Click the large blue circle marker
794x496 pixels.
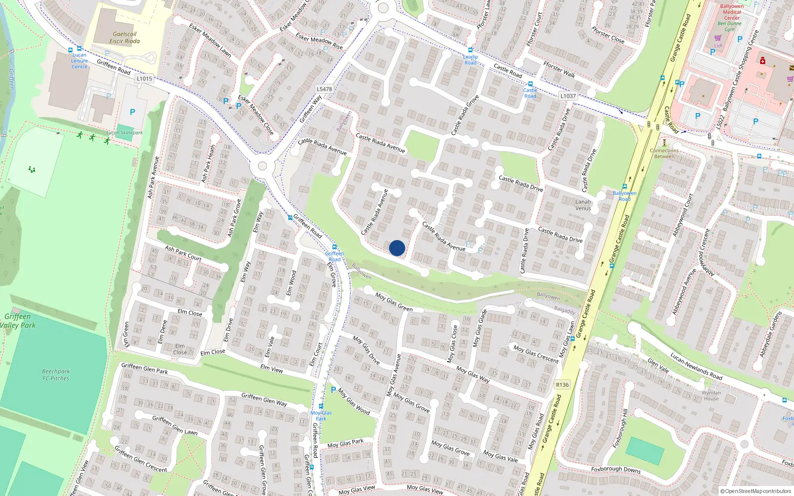coord(397,248)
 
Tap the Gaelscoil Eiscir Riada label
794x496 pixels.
coord(125,38)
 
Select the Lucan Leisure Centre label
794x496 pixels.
coord(79,61)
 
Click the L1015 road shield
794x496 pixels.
coord(144,78)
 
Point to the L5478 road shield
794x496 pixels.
coord(324,89)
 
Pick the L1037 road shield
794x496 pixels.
coord(568,96)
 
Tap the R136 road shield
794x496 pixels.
coord(562,385)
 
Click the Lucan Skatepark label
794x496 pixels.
coord(125,133)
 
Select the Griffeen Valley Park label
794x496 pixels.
coord(18,321)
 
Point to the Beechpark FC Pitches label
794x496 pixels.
coord(56,374)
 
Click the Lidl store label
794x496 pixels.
coord(718,46)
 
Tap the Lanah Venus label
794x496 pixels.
coord(583,205)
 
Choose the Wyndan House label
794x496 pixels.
coord(711,395)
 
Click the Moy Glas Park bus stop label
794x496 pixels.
coord(321,416)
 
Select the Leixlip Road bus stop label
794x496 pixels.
coord(470,60)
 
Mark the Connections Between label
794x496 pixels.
coord(664,153)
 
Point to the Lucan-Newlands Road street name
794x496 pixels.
coord(696,366)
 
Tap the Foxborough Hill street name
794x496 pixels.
coord(620,429)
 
